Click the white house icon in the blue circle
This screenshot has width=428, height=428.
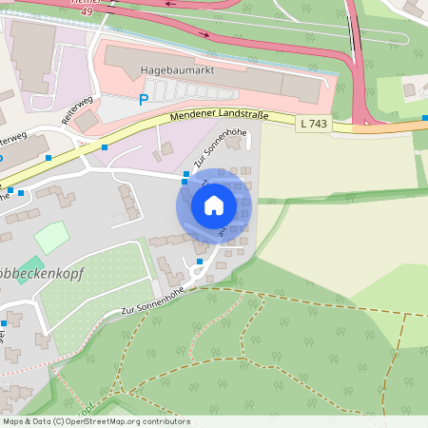tap(214, 205)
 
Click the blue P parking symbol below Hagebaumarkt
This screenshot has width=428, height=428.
tap(145, 98)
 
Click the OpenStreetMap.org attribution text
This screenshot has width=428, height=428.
tap(126, 420)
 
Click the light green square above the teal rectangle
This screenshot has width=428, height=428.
tap(51, 237)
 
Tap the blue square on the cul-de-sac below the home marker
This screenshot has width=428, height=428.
tap(200, 261)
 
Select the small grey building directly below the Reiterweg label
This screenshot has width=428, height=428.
tap(86, 121)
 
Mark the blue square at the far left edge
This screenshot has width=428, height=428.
tap(3, 324)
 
